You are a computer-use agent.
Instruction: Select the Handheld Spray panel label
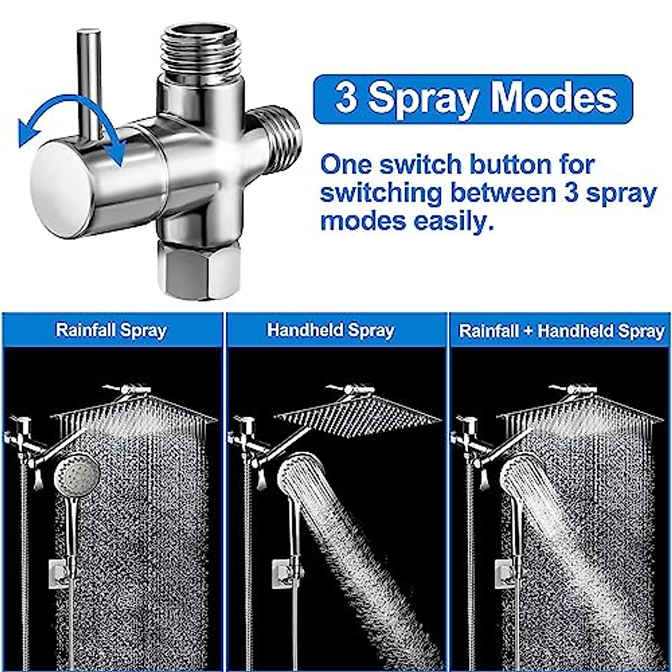[x=330, y=330]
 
